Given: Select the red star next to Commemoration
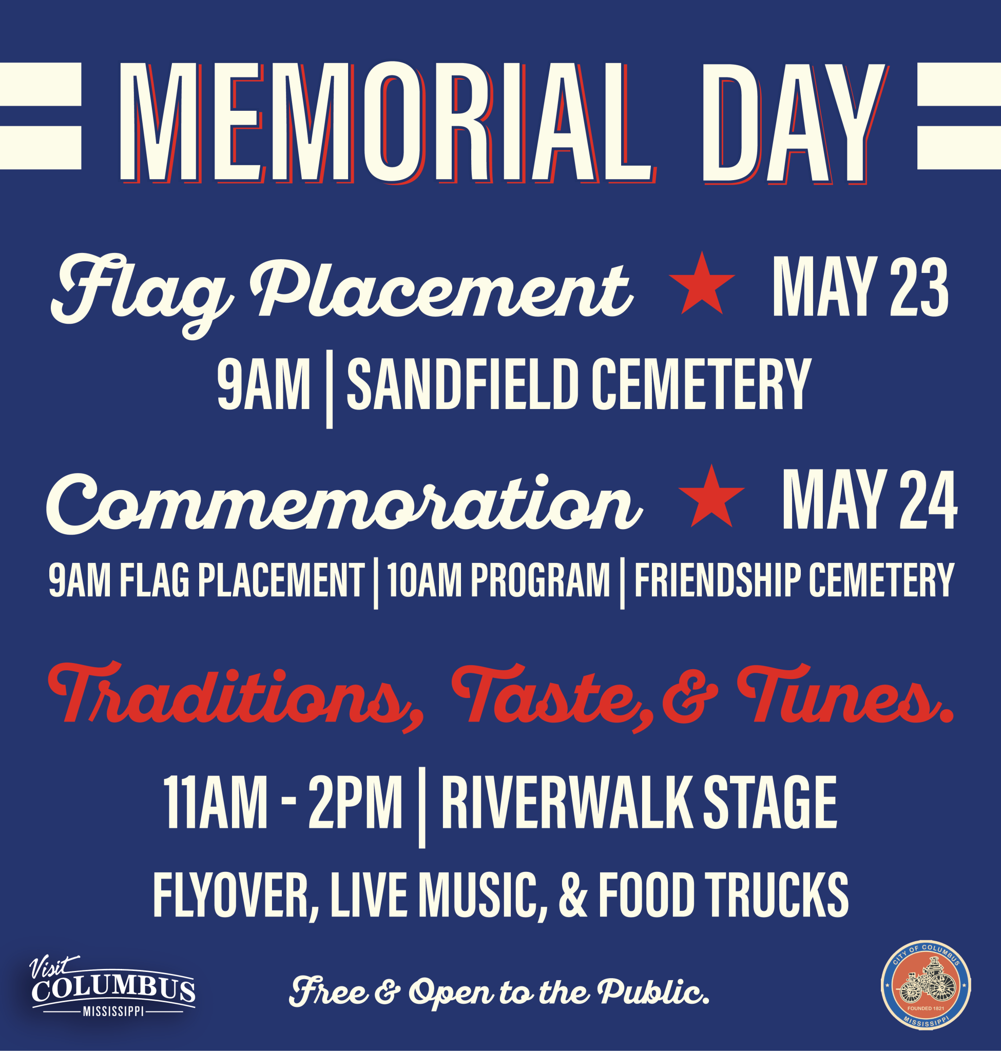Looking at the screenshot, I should (711, 497).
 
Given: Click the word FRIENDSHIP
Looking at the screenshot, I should (718, 580).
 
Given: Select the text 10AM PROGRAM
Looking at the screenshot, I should (498, 580).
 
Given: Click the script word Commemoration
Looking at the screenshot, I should (344, 504).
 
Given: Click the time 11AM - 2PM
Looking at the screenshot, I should (283, 803).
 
